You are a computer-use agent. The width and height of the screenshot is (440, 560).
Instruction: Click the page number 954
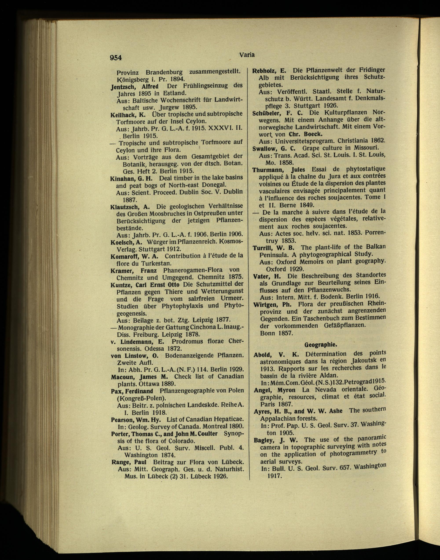click(x=116, y=57)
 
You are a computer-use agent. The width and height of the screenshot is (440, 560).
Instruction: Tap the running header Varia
click(x=247, y=54)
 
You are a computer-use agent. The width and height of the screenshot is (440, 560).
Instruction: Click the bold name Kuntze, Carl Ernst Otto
click(x=145, y=285)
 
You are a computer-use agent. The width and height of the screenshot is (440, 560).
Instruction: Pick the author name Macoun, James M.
click(x=139, y=377)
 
